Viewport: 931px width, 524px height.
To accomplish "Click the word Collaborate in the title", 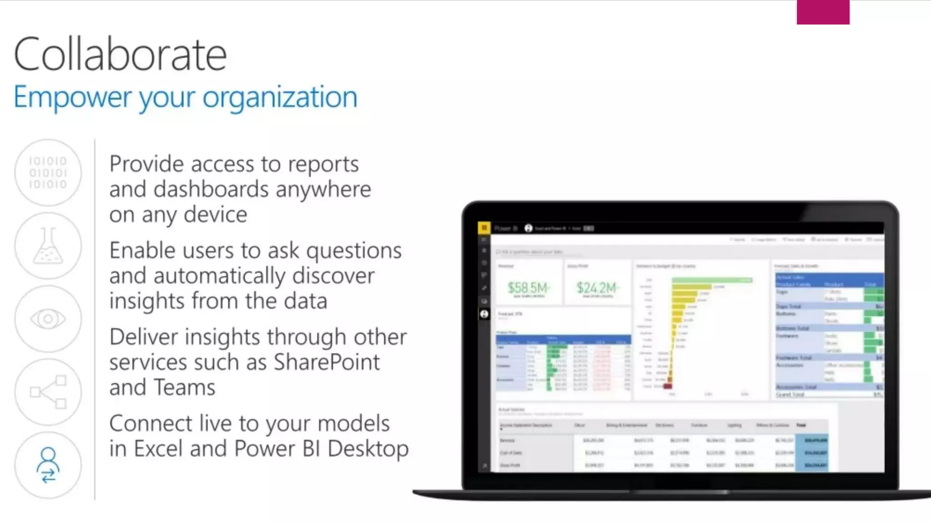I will (120, 55).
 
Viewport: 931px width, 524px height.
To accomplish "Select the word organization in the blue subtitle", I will (280, 97).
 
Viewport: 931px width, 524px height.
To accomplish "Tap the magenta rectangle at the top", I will (823, 12).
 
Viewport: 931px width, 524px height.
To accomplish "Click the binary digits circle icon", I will (48, 173).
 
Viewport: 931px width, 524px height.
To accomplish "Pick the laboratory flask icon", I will (48, 246).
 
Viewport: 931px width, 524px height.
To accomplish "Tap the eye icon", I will (48, 319).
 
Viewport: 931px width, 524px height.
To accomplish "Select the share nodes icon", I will (48, 392).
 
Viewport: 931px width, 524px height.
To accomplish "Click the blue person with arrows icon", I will (48, 465).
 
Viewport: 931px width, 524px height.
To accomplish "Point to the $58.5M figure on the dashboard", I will (528, 288).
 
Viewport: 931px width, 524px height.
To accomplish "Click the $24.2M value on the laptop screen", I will (597, 288).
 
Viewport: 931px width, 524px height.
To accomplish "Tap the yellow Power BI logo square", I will (484, 228).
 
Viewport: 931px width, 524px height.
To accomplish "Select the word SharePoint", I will (326, 363).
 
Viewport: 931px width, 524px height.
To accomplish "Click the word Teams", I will (184, 388).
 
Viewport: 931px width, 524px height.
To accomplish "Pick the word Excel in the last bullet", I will (158, 449).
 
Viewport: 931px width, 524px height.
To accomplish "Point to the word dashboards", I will (211, 189).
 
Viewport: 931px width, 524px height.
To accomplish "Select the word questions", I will (354, 251).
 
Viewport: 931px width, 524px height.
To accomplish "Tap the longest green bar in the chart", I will (711, 280).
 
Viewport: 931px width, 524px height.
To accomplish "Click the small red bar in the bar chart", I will (668, 386).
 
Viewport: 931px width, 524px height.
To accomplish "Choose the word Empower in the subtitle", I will (72, 97).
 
